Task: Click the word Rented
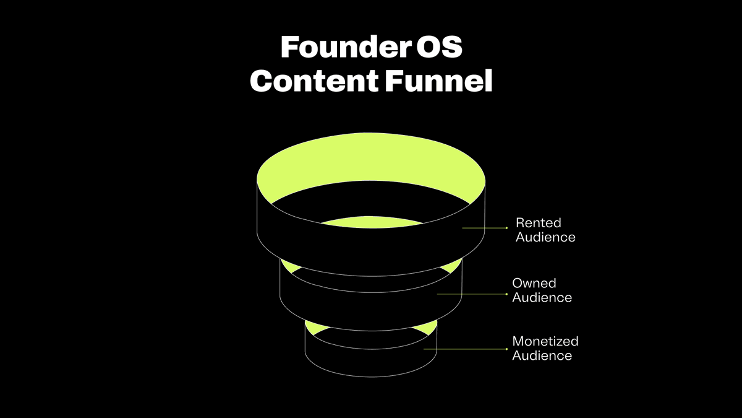538,222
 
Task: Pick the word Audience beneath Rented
545,237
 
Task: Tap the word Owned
534,283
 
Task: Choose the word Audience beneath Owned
542,298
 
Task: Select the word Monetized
545,341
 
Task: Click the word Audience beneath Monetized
542,355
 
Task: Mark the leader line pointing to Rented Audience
484,228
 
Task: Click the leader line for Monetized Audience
464,349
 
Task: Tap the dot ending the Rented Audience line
507,228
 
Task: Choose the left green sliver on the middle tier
289,267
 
